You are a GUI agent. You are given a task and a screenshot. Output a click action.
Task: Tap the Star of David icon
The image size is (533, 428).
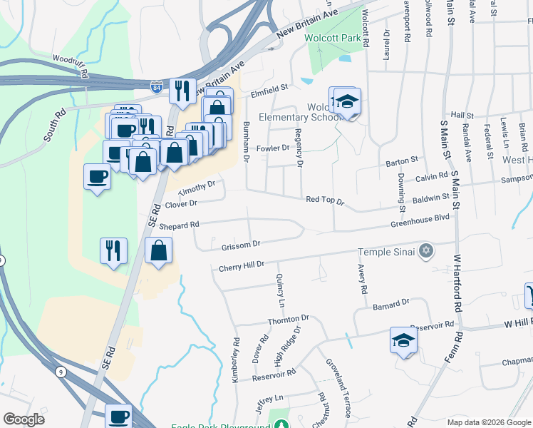tap(426, 250)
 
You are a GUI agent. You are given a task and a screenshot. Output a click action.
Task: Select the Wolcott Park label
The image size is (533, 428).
tap(332, 39)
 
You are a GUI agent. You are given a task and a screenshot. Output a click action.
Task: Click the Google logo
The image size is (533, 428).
tap(24, 419)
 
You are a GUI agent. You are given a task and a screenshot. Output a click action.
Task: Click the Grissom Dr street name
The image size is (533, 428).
tap(237, 245)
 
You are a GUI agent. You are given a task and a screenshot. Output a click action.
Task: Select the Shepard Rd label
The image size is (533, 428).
tap(178, 225)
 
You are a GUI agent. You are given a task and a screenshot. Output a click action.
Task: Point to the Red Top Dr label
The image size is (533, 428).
tap(324, 202)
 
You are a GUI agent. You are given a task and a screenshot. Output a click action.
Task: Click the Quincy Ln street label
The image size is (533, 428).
tap(280, 290)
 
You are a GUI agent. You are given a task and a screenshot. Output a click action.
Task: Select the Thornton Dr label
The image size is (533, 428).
tap(288, 319)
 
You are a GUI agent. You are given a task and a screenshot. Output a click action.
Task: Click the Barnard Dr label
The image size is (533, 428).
tap(391, 303)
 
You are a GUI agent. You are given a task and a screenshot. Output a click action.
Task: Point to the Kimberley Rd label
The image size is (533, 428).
tap(234, 360)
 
